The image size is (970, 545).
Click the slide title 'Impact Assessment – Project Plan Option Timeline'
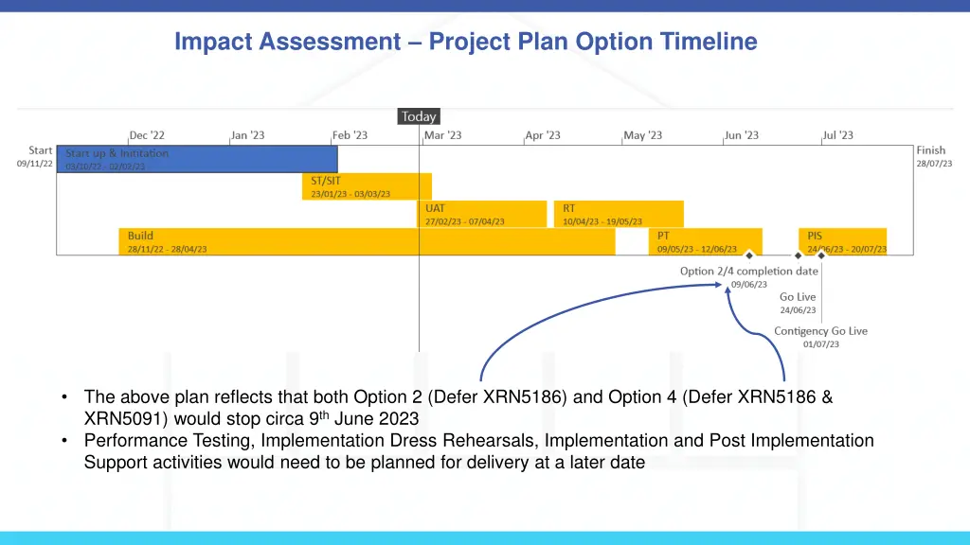(466, 42)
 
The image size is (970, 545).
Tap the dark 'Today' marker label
(419, 116)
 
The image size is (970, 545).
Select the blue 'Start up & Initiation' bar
(197, 159)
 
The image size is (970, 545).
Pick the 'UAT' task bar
(482, 214)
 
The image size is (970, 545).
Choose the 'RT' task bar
(619, 214)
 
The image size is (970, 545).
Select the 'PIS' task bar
(843, 241)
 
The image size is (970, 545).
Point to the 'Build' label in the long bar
(140, 236)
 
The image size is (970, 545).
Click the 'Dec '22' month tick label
(147, 135)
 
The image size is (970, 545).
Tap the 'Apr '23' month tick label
(543, 135)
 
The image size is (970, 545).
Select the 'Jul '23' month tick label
(837, 135)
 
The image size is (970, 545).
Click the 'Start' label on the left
(40, 150)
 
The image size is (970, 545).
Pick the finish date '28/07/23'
(934, 164)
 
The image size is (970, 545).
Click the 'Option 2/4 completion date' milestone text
(748, 272)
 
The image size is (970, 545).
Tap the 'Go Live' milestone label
(798, 297)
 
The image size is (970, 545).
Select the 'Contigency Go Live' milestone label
(820, 331)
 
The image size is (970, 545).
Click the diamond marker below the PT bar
(749, 255)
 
